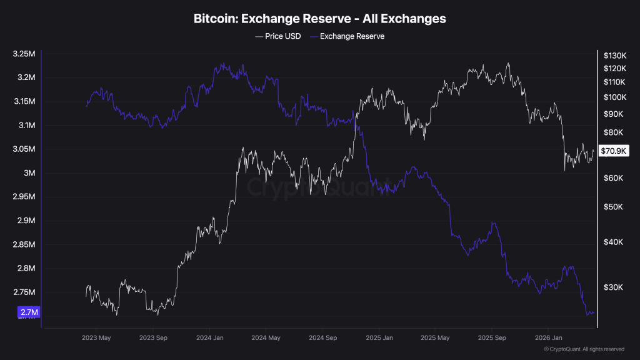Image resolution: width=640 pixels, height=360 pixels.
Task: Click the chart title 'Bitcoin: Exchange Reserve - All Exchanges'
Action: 320,19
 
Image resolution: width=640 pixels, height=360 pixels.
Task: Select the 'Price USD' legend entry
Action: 278,36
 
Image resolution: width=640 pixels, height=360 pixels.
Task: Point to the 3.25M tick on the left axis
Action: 24,54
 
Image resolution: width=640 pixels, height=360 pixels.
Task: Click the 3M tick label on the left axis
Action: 29,173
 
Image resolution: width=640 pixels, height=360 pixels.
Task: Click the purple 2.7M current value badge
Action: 29,312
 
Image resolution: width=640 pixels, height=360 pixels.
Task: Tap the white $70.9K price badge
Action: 614,151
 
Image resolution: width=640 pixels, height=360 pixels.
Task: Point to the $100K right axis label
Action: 615,97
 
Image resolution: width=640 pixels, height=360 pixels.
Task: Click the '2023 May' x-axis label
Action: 96,338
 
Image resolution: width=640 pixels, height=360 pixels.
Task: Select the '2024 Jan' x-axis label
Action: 210,338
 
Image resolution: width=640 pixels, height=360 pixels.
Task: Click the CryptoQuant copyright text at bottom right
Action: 584,349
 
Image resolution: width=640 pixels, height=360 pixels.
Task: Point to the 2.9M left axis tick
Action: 26,221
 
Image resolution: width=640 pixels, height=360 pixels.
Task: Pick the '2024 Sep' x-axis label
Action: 323,338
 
